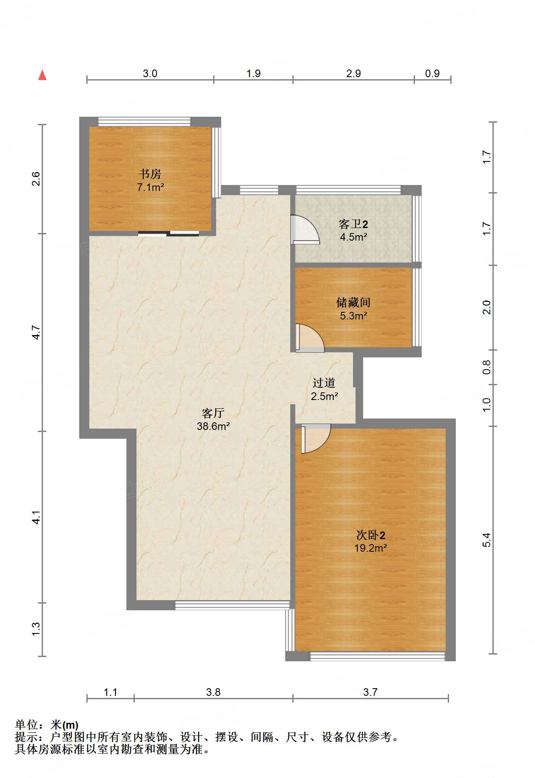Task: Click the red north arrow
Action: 42,75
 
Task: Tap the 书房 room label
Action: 150,174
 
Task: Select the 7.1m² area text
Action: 150,187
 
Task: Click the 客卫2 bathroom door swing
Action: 305,230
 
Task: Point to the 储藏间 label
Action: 353,302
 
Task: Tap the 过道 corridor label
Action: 324,383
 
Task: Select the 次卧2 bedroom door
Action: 315,438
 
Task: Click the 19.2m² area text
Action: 370,548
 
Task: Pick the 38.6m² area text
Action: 213,426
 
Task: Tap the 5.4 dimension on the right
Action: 487,540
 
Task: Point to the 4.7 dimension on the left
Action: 37,333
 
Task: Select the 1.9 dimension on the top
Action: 253,73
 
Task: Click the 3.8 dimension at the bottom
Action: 213,692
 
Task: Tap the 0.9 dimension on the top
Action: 432,73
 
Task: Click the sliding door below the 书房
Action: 169,233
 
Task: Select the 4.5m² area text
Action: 353,237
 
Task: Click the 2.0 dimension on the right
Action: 487,307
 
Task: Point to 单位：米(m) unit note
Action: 46,725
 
